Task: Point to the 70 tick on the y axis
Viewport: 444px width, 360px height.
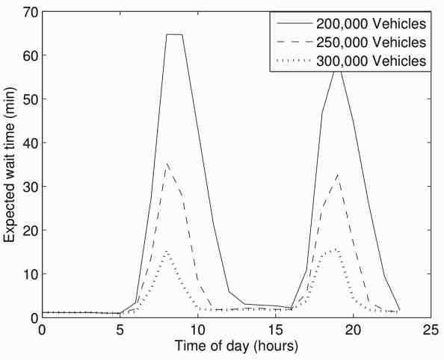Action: point(27,12)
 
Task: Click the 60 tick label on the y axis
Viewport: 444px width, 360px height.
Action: point(27,55)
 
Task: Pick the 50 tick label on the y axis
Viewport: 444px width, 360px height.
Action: point(27,99)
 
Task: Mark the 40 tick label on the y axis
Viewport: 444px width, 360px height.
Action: point(27,143)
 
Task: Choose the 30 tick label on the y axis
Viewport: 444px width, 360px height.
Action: point(27,187)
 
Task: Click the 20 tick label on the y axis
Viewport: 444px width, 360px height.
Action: point(27,230)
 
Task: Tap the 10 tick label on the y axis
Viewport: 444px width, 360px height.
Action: point(27,274)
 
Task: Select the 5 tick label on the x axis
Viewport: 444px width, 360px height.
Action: point(120,329)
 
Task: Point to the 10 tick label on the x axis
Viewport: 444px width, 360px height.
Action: point(197,329)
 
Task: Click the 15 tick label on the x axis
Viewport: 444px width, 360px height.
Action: point(275,329)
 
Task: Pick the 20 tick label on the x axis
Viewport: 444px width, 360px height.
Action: point(353,329)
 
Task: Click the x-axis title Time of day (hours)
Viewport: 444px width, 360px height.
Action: point(236,347)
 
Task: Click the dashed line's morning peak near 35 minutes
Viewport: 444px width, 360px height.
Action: point(167,163)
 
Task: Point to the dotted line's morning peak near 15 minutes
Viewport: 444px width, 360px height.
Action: point(167,251)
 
